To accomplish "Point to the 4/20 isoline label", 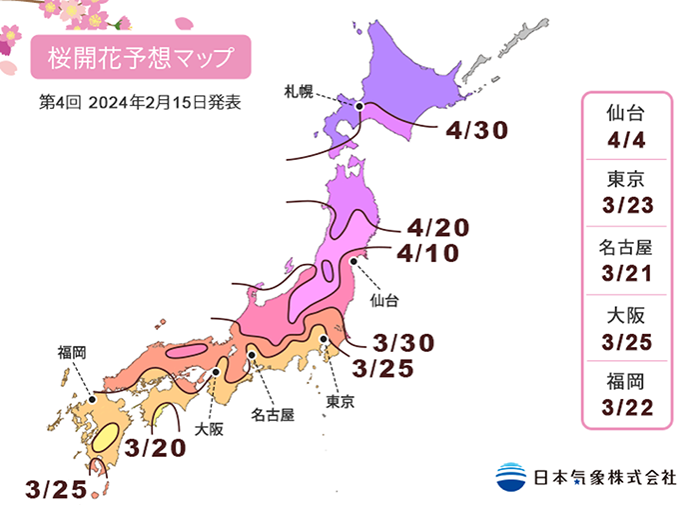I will click(436, 228).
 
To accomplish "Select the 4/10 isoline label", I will click(426, 254).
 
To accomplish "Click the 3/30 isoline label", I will click(402, 342).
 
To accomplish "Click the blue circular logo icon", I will click(511, 476).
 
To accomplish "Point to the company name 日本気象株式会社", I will click(602, 477).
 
